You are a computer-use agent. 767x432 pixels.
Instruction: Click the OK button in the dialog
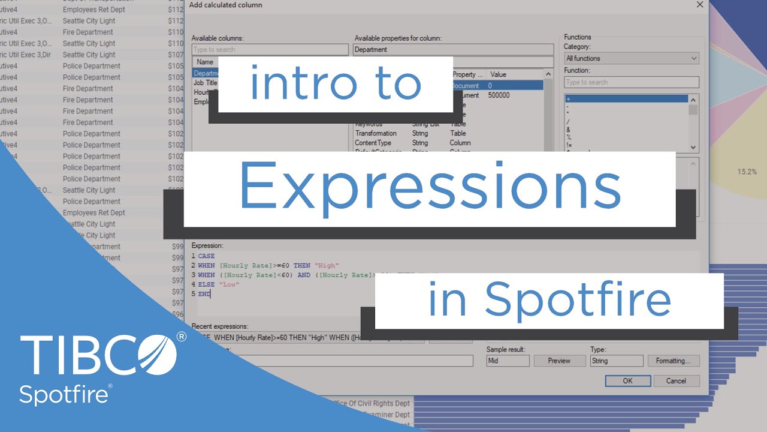point(627,380)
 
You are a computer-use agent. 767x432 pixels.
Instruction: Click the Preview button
point(559,361)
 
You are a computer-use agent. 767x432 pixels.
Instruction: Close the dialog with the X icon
point(699,5)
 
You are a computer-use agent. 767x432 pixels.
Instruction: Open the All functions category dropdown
point(632,58)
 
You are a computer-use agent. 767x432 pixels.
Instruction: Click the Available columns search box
point(270,50)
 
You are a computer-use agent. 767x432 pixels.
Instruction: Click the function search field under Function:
point(632,82)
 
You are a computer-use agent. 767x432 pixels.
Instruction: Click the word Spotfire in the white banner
point(578,299)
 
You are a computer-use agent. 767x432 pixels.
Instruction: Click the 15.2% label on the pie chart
point(747,172)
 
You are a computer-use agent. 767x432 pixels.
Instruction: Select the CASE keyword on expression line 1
point(206,256)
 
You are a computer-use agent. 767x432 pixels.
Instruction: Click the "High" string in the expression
point(329,266)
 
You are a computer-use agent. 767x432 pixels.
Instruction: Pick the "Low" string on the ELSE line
point(229,284)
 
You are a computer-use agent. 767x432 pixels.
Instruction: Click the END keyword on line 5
point(204,294)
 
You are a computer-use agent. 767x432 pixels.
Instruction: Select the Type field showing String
point(617,361)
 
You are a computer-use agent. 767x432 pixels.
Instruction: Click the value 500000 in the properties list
point(499,95)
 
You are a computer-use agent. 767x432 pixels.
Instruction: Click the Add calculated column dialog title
point(225,5)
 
